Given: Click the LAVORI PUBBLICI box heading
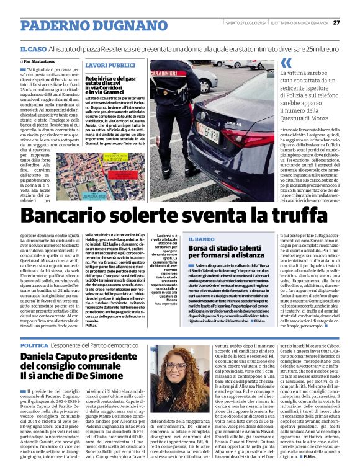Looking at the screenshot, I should tap(110, 65).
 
